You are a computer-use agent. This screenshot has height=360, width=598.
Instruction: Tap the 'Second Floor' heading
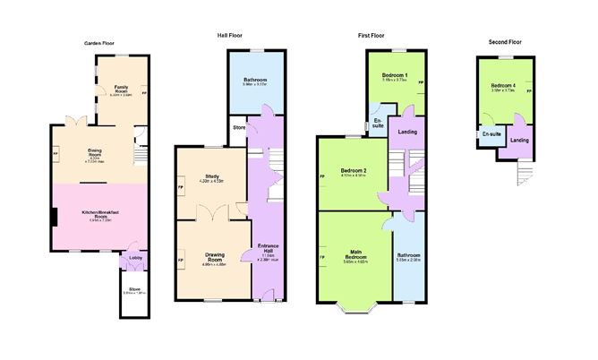504,42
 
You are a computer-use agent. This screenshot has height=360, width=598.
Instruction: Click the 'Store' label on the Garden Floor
134,289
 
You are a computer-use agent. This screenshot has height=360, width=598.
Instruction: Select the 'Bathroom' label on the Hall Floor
255,80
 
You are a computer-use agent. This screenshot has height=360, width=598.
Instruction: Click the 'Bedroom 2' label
354,170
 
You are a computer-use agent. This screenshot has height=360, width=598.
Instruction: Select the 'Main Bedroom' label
355,253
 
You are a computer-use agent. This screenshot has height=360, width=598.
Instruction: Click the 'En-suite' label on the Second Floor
490,133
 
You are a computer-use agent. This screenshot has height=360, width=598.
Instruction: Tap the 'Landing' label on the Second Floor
519,140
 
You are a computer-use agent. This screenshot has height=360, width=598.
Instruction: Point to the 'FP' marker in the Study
181,187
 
